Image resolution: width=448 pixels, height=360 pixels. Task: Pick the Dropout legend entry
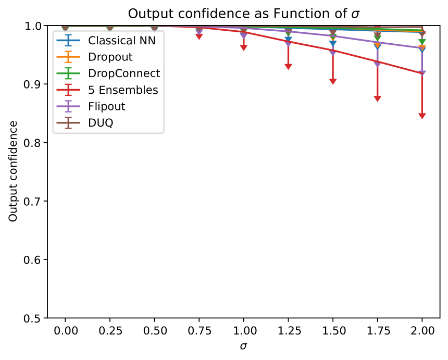click(x=110, y=57)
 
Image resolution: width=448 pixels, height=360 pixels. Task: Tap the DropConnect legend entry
click(x=124, y=73)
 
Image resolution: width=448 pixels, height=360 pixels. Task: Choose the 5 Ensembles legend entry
click(x=123, y=90)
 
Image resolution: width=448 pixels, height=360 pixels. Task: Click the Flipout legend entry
click(x=107, y=107)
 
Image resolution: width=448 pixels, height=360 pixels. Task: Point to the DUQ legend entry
click(x=101, y=123)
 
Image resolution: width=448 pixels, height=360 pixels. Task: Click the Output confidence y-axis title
click(x=13, y=171)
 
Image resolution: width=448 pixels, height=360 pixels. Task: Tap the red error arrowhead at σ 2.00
click(x=422, y=116)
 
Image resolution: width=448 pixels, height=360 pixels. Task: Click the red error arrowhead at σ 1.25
click(x=288, y=67)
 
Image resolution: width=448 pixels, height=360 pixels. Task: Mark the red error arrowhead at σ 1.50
click(x=333, y=82)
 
